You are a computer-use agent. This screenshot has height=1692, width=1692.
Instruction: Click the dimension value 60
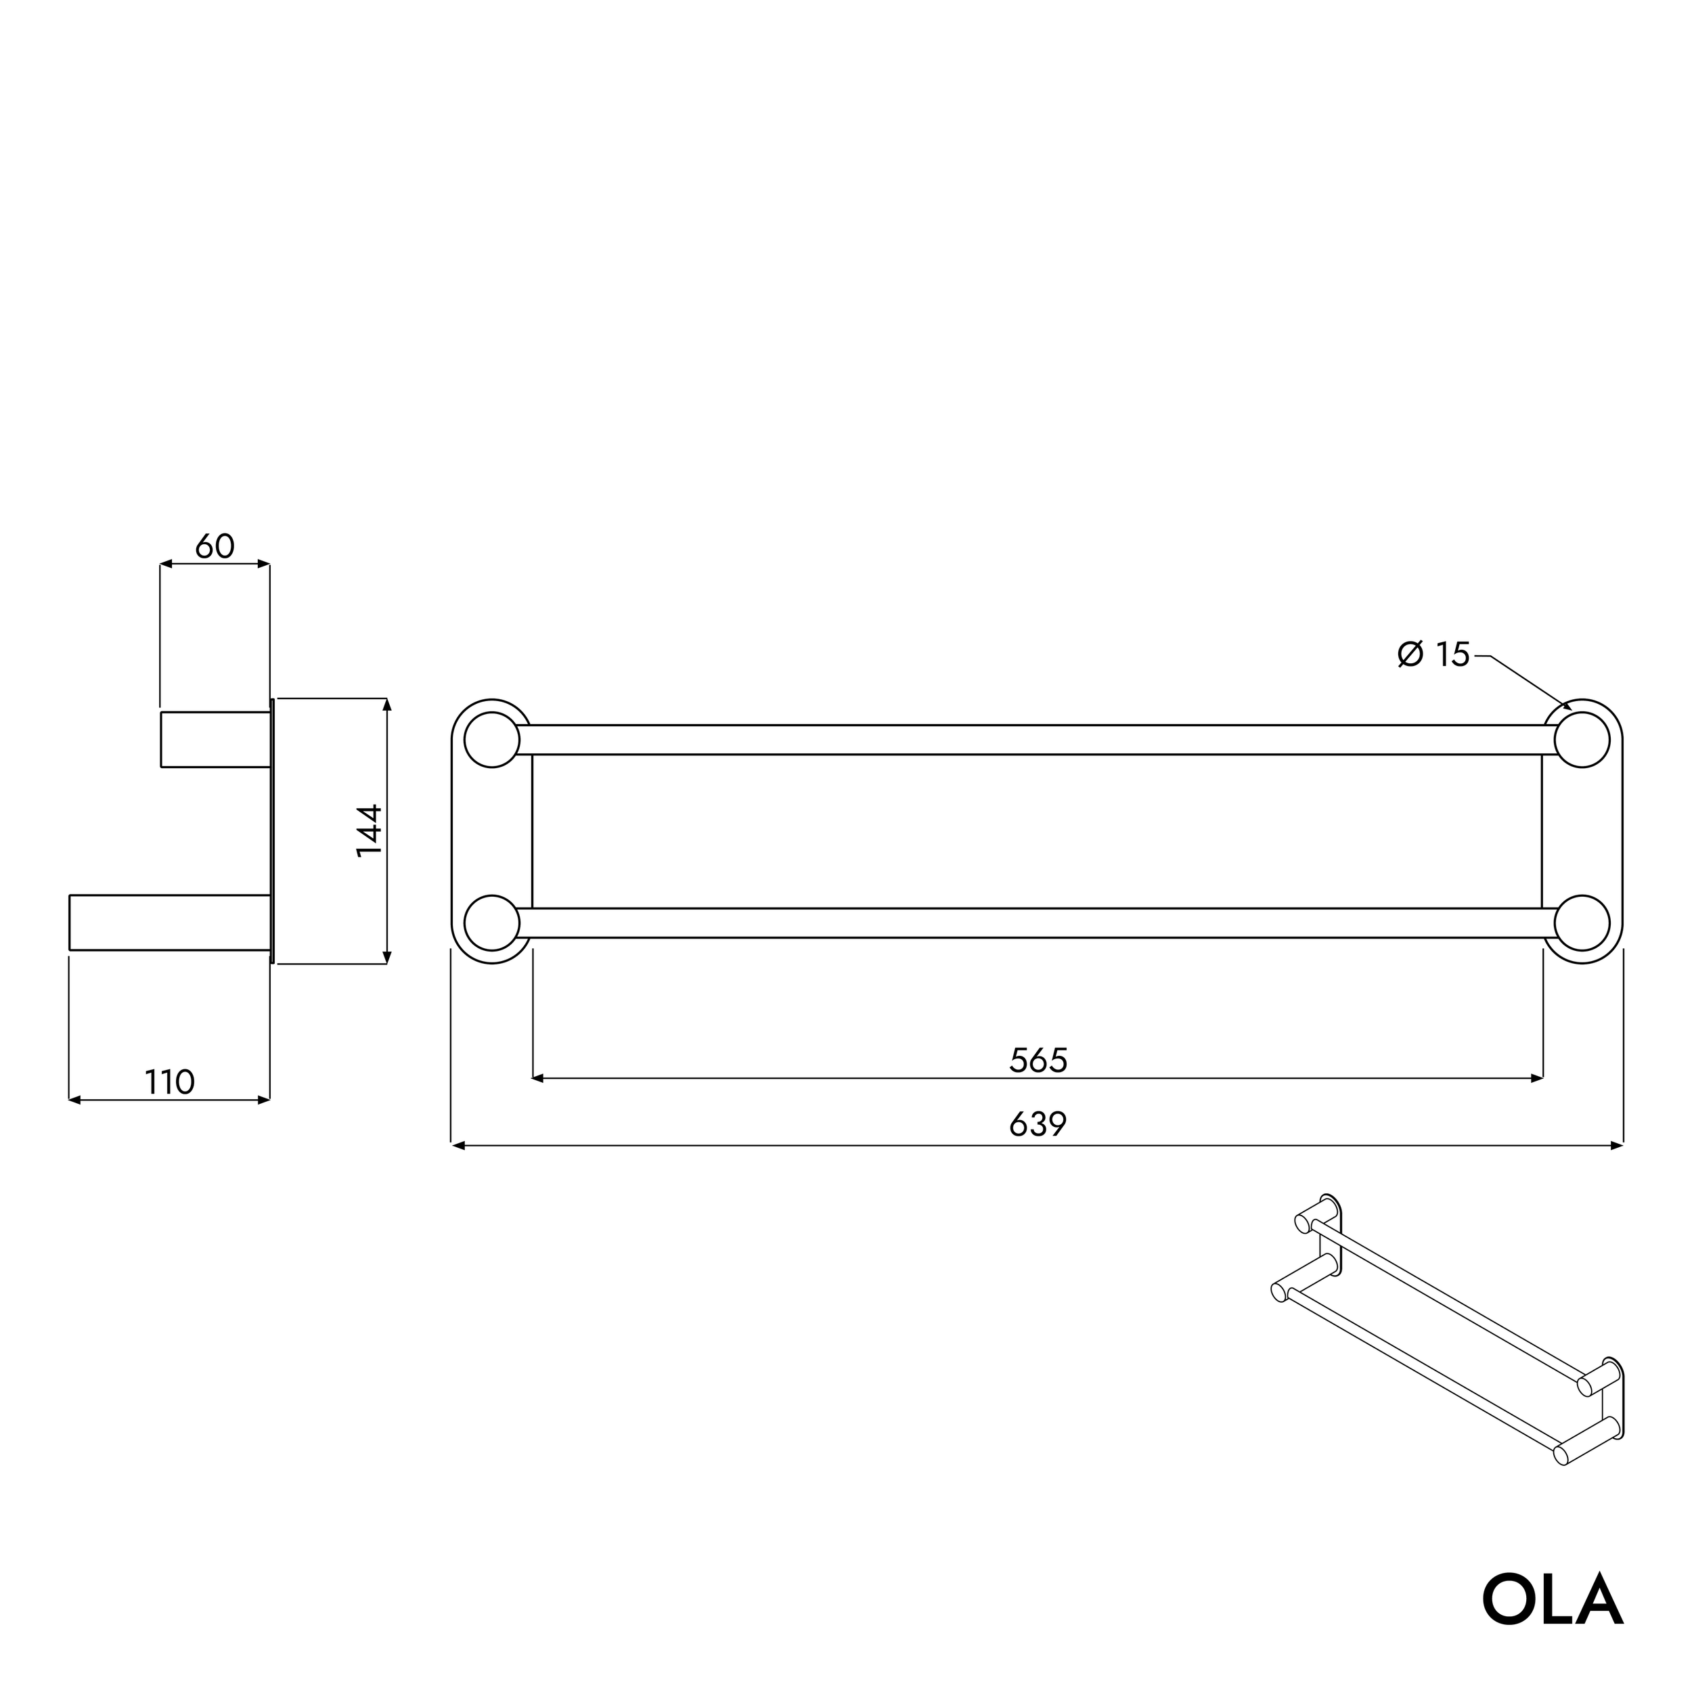pyautogui.click(x=215, y=546)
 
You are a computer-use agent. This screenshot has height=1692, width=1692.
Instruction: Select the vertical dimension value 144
pyautogui.click(x=370, y=830)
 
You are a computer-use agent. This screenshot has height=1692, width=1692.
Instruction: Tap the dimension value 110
pyautogui.click(x=169, y=1082)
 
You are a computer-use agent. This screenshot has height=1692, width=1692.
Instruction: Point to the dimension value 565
pyautogui.click(x=1039, y=1061)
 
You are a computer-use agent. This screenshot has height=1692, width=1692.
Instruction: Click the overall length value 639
pyautogui.click(x=1039, y=1123)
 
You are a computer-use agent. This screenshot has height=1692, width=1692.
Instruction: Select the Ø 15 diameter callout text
pyautogui.click(x=1433, y=654)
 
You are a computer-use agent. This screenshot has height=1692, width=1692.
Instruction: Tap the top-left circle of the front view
pyautogui.click(x=491, y=740)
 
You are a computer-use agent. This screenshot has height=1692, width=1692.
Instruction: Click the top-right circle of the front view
pyautogui.click(x=1582, y=740)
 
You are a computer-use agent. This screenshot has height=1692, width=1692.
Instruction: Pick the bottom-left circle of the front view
pyautogui.click(x=491, y=923)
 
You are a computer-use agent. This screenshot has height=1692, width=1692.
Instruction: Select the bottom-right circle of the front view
pyautogui.click(x=1582, y=923)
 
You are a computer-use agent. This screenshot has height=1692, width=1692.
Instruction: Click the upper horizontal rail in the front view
pyautogui.click(x=1037, y=740)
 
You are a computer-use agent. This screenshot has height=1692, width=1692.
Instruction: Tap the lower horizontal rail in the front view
pyautogui.click(x=1037, y=923)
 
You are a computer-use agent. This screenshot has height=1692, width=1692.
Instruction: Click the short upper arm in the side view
pyautogui.click(x=215, y=740)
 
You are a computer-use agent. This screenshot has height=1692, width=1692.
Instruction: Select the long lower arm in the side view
pyautogui.click(x=169, y=922)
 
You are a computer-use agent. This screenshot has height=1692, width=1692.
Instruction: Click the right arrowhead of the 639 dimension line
pyautogui.click(x=1617, y=1146)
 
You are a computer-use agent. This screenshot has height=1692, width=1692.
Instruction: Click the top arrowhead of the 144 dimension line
pyautogui.click(x=387, y=704)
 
